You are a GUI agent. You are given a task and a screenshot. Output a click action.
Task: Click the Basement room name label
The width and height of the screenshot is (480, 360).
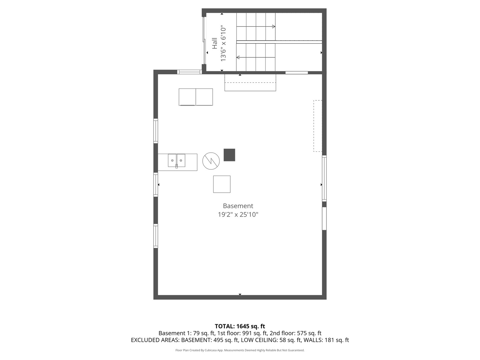238,206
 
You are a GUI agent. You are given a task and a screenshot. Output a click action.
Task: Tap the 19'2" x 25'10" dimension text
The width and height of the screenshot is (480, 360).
238,215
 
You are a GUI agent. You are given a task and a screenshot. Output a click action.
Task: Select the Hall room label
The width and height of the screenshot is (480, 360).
215,43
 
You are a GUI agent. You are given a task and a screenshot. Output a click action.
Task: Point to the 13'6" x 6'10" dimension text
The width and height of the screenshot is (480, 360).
223,43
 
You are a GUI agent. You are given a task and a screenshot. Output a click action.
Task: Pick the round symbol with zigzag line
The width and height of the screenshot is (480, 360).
211,161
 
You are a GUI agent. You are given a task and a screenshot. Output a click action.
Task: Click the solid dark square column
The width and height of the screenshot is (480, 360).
229,155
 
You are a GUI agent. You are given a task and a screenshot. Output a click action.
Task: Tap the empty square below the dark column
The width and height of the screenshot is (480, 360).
222,184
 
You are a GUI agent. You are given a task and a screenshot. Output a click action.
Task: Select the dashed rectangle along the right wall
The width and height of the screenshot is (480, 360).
318,126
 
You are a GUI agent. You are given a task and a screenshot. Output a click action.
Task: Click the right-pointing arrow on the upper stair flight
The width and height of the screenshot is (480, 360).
273,27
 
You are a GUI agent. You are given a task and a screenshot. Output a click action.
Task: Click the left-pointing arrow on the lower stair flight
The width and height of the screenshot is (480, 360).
238,57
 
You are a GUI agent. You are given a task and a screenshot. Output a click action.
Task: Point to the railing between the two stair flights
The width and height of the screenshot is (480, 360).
279,42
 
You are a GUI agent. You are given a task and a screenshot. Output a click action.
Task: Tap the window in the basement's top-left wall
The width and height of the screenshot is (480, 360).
189,72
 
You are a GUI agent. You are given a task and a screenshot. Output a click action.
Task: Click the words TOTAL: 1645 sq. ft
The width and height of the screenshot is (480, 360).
240,326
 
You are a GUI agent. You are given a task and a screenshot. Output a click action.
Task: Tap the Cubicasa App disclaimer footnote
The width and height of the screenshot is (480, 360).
240,350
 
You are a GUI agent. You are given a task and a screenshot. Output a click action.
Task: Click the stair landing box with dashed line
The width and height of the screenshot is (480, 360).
250,82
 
